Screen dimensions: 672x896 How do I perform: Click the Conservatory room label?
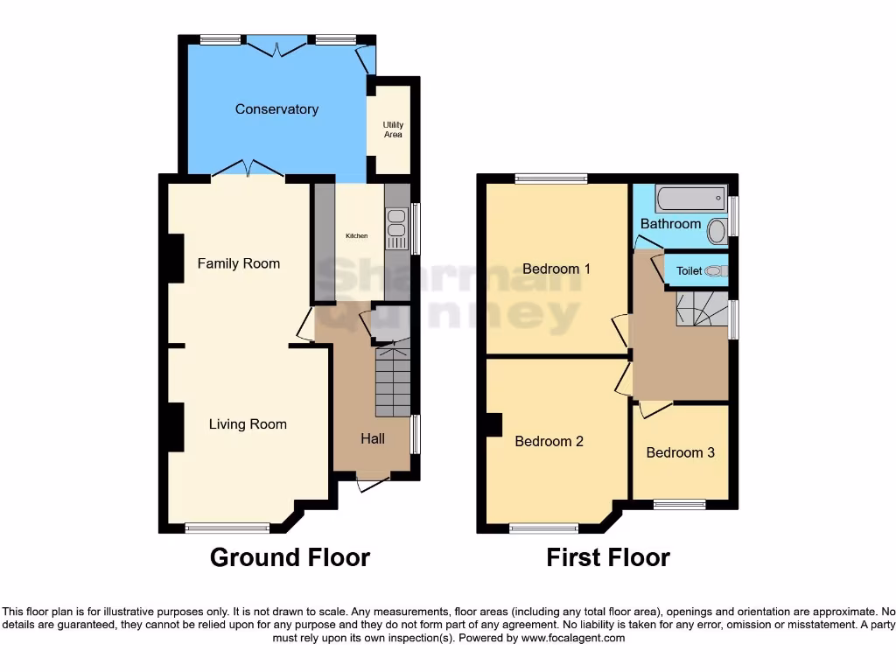[x=276, y=109]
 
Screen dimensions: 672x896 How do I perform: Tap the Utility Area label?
[x=393, y=129]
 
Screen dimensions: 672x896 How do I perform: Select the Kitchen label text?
[x=356, y=236]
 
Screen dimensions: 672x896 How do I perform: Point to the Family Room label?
[x=238, y=263]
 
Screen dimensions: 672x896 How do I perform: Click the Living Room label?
[x=248, y=424]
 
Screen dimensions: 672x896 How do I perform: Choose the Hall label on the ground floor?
[x=373, y=438]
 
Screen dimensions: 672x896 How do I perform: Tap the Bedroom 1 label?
[x=556, y=269]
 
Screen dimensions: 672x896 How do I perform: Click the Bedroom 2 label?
[x=549, y=442]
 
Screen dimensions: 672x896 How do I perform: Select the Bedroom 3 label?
[x=680, y=452]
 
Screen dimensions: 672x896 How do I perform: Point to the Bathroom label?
[x=670, y=224]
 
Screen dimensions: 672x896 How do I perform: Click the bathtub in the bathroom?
[x=690, y=198]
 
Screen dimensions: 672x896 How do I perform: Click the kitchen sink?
[x=395, y=224]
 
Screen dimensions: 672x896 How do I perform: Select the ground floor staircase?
[x=393, y=381]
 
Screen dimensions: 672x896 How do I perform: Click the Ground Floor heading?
[x=290, y=557]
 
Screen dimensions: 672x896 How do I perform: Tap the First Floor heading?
[x=608, y=557]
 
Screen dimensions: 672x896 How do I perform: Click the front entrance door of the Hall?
[x=374, y=479]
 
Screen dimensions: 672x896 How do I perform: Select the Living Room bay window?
[x=227, y=527]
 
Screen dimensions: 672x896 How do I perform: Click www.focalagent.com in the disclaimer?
[x=573, y=639]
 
